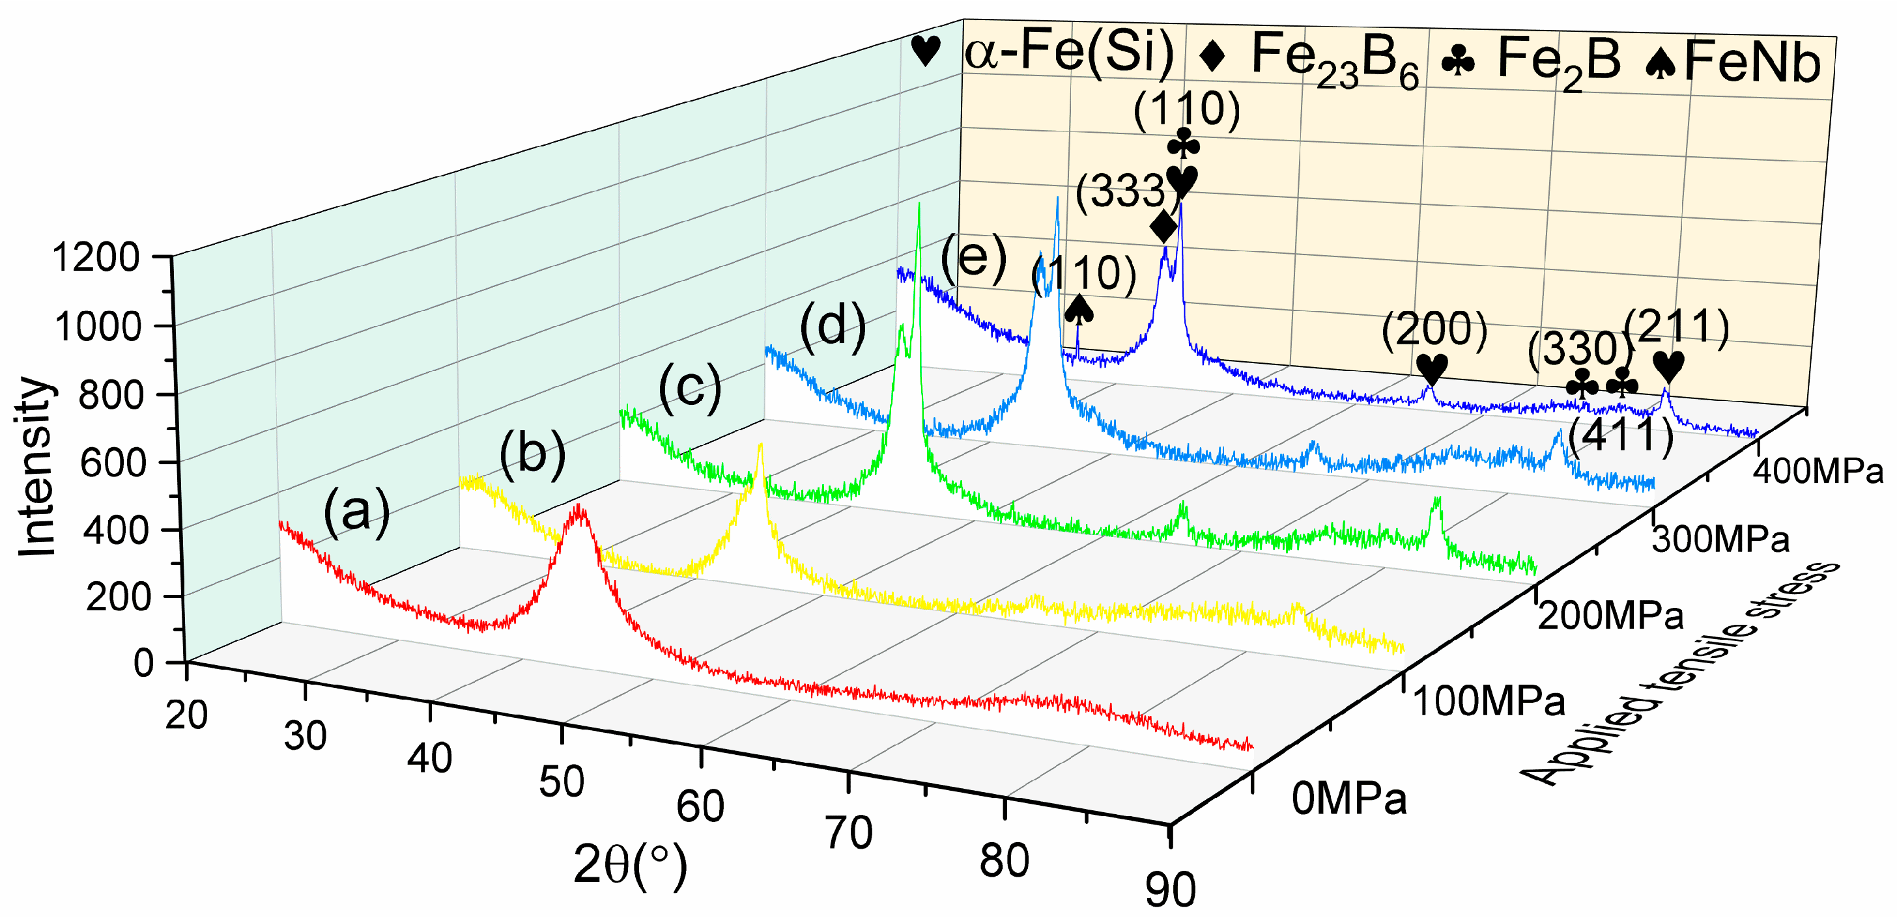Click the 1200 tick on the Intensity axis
pyautogui.click(x=96, y=258)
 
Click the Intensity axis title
pyautogui.click(x=35, y=468)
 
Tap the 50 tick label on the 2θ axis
pyautogui.click(x=561, y=782)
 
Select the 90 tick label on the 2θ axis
pyautogui.click(x=1170, y=890)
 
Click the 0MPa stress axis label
pyautogui.click(x=1348, y=799)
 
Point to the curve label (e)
pyautogui.click(x=973, y=258)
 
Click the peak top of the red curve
pyautogui.click(x=580, y=506)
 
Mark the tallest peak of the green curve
pyautogui.click(x=919, y=206)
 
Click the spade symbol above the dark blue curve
pyautogui.click(x=1079, y=309)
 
